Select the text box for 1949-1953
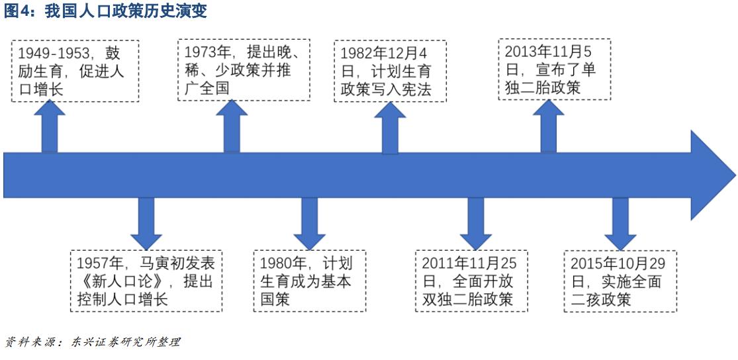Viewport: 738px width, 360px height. click(x=75, y=71)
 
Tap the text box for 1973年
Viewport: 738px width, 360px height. click(x=244, y=69)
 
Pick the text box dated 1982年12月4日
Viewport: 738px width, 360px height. click(x=390, y=71)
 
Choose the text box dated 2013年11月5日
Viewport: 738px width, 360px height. click(x=553, y=69)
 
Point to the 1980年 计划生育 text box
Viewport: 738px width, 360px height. click(x=309, y=281)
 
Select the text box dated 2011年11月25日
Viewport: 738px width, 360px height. click(x=472, y=281)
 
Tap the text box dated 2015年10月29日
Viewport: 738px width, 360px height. click(x=620, y=281)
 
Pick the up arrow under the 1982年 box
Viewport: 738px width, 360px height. click(x=390, y=129)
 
